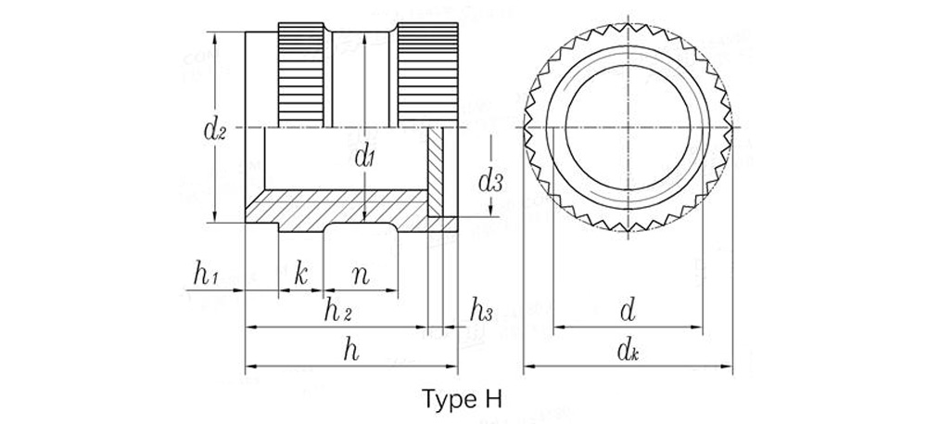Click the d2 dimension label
[215, 131]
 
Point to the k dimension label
[300, 274]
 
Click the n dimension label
[361, 275]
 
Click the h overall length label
[349, 350]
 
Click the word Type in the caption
[450, 400]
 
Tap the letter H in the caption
[492, 400]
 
